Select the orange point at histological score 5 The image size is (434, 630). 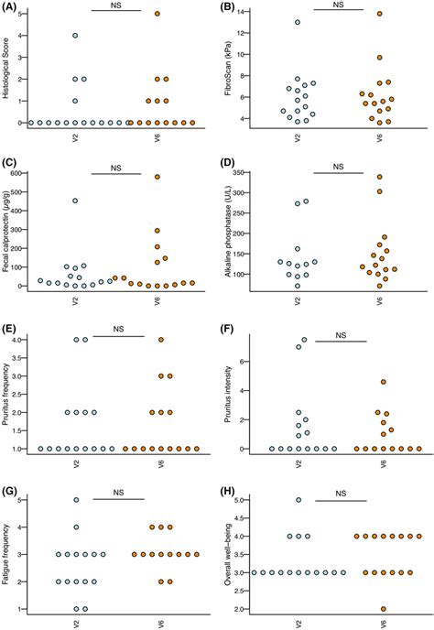pyautogui.click(x=157, y=14)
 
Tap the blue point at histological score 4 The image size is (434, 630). pyautogui.click(x=75, y=36)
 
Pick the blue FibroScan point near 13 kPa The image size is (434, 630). pyautogui.click(x=297, y=22)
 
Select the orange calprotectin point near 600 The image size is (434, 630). pyautogui.click(x=157, y=178)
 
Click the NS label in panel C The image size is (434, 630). pyautogui.click(x=116, y=167)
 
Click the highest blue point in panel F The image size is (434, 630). pyautogui.click(x=305, y=340)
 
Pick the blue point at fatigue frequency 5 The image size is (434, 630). pyautogui.click(x=75, y=500)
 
